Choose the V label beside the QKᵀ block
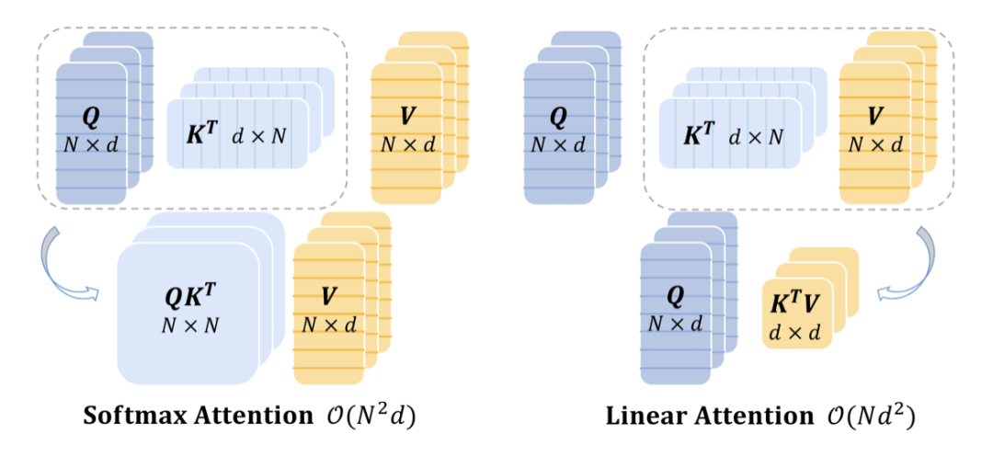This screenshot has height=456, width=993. point(328,299)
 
